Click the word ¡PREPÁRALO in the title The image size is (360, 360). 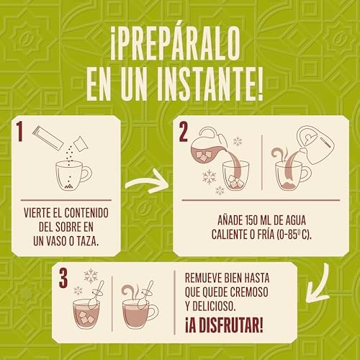(x=175, y=43)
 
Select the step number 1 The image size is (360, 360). (x=19, y=131)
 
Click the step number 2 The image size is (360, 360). (x=184, y=132)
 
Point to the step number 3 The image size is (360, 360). (x=63, y=278)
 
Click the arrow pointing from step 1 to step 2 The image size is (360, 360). (x=147, y=181)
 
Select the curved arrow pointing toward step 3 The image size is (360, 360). (x=318, y=285)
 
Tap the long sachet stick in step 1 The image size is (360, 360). (x=48, y=138)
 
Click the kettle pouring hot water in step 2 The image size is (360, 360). (x=315, y=145)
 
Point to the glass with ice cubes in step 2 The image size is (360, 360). (x=235, y=176)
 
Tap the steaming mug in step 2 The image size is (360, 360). (x=293, y=176)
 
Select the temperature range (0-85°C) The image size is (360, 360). (x=294, y=235)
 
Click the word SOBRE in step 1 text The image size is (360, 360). (x=66, y=227)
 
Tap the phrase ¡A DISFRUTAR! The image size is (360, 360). (x=224, y=325)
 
